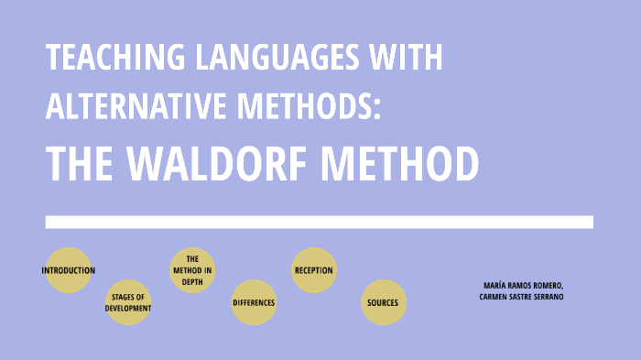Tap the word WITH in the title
click(x=406, y=59)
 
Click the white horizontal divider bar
click(x=319, y=222)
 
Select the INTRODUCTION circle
click(x=69, y=270)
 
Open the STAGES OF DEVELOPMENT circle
click(x=128, y=302)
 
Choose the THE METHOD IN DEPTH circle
click(x=192, y=270)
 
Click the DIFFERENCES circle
click(x=254, y=302)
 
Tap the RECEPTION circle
click(x=314, y=270)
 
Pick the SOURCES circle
click(x=383, y=302)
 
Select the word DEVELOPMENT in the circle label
click(x=128, y=308)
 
